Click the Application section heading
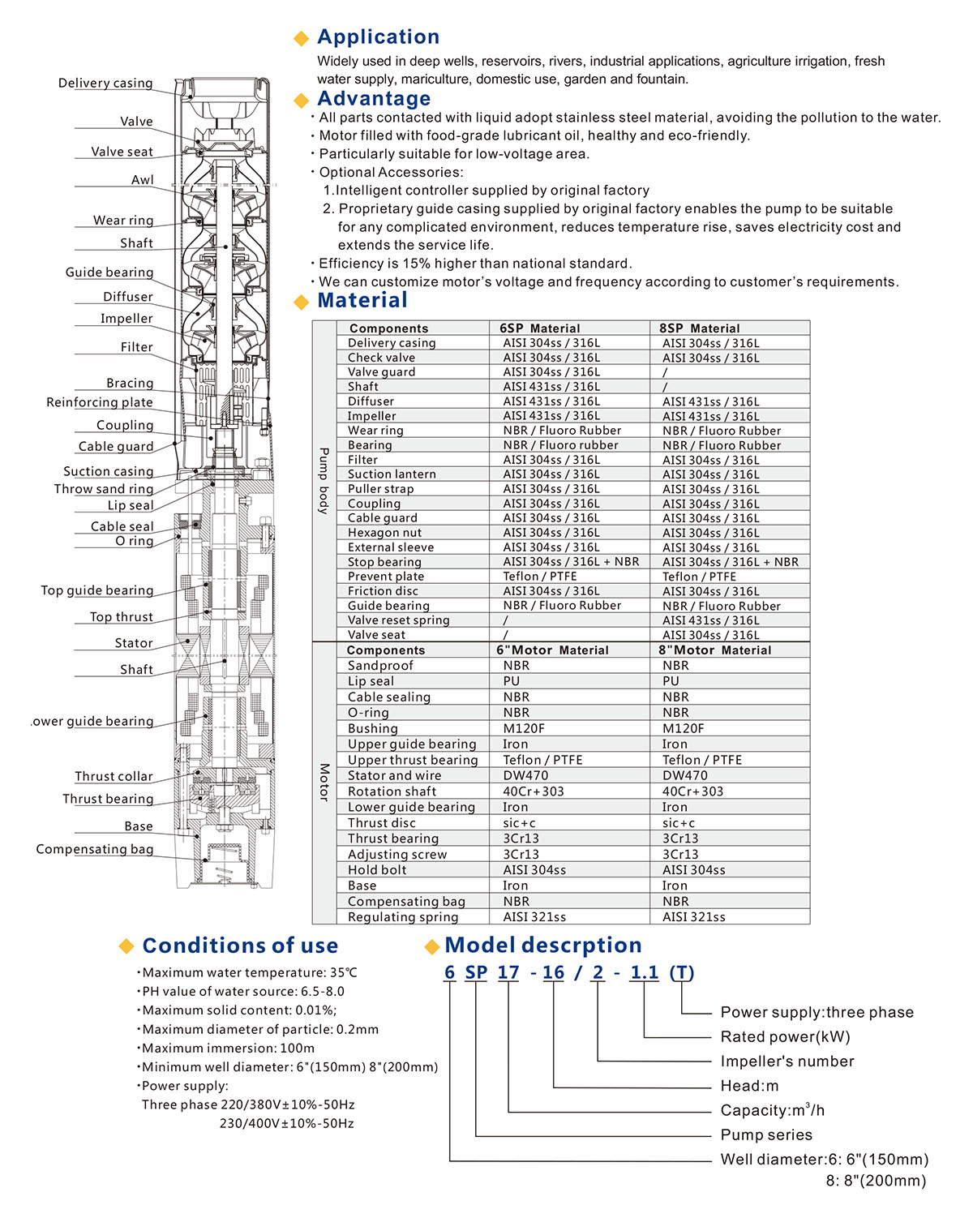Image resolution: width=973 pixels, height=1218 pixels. click(x=378, y=36)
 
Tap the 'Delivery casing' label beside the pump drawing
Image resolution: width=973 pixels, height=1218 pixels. click(x=105, y=83)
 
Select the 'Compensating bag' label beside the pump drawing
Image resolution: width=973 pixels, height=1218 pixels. click(x=94, y=849)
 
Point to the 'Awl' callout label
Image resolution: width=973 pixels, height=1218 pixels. click(x=143, y=180)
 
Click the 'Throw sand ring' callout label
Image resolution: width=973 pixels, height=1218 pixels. click(x=104, y=489)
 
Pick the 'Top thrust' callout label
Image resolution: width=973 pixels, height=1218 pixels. click(x=122, y=617)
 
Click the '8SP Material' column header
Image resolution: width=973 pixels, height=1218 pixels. click(x=699, y=328)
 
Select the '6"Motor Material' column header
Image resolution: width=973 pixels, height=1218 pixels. click(x=552, y=650)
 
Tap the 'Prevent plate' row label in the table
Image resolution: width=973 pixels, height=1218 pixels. click(x=386, y=577)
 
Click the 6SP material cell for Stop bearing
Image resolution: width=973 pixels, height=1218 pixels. click(x=571, y=562)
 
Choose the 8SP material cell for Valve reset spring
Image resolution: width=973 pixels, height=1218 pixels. click(x=710, y=620)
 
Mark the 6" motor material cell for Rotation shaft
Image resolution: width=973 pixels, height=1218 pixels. click(x=533, y=791)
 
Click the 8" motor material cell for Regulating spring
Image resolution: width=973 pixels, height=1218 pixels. click(x=693, y=917)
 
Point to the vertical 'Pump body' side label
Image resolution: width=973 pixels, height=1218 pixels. click(x=324, y=480)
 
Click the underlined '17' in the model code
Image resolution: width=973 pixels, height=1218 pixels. click(x=508, y=972)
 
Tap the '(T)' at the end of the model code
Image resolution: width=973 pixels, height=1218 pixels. click(x=682, y=972)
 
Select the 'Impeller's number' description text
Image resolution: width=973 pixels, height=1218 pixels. click(x=787, y=1061)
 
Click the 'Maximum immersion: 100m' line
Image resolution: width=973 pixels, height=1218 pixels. click(x=228, y=1049)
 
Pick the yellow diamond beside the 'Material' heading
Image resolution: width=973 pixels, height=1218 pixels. click(x=302, y=302)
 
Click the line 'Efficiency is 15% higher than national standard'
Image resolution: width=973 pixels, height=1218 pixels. click(x=474, y=264)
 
